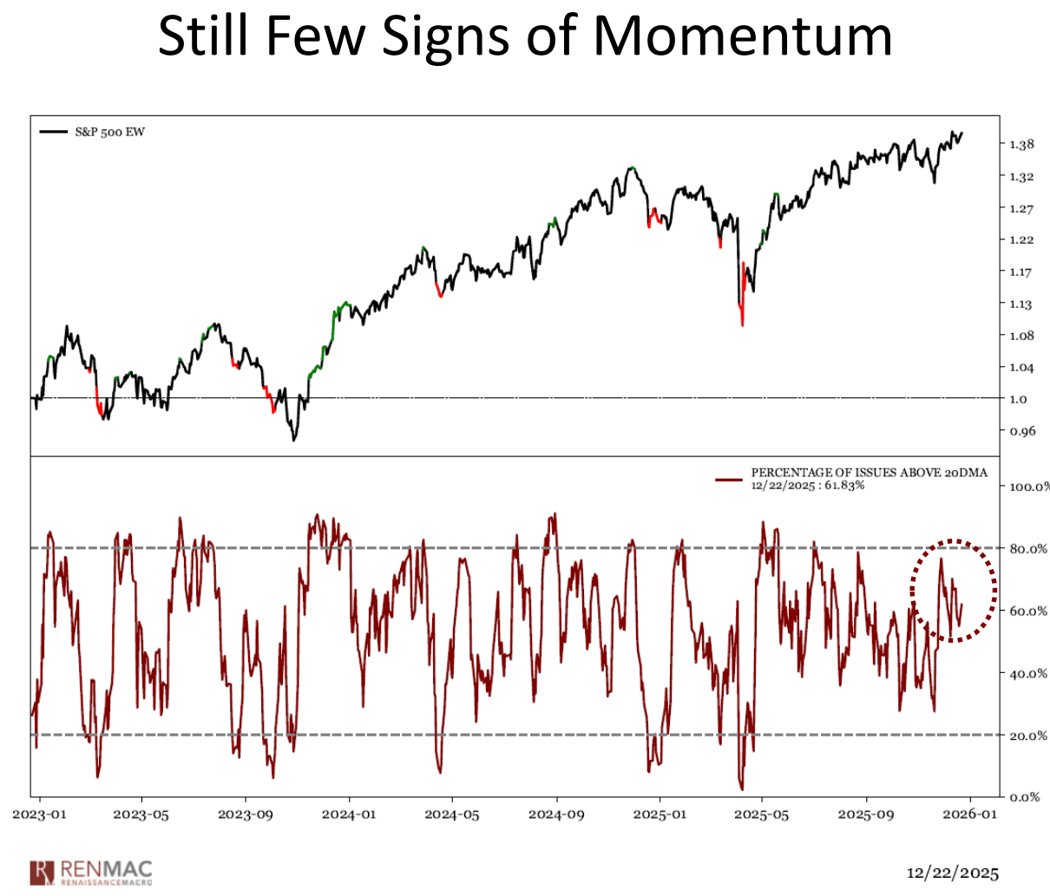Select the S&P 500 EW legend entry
click(x=109, y=132)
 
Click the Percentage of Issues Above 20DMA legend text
click(x=869, y=474)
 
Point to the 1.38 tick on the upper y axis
click(x=1021, y=145)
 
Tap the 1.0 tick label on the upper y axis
click(x=1018, y=399)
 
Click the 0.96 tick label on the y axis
click(x=1021, y=431)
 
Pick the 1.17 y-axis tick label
click(x=1021, y=272)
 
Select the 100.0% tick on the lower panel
click(x=1028, y=486)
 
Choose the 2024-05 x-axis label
click(x=452, y=814)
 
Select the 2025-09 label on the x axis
click(x=866, y=814)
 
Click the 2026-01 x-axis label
click(x=969, y=814)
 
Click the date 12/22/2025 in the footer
click(x=953, y=873)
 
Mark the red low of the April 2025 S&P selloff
click(x=743, y=324)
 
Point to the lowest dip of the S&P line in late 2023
click(x=293, y=440)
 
